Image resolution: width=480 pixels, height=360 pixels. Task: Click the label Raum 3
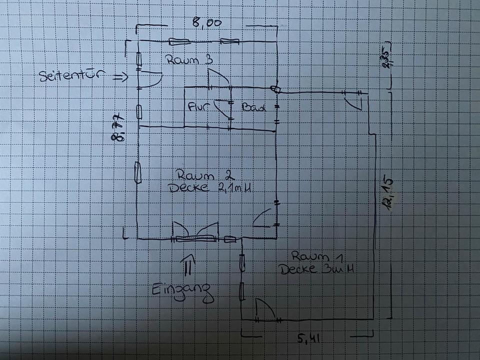coord(190,60)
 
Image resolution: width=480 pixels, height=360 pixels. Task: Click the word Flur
coord(198,107)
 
